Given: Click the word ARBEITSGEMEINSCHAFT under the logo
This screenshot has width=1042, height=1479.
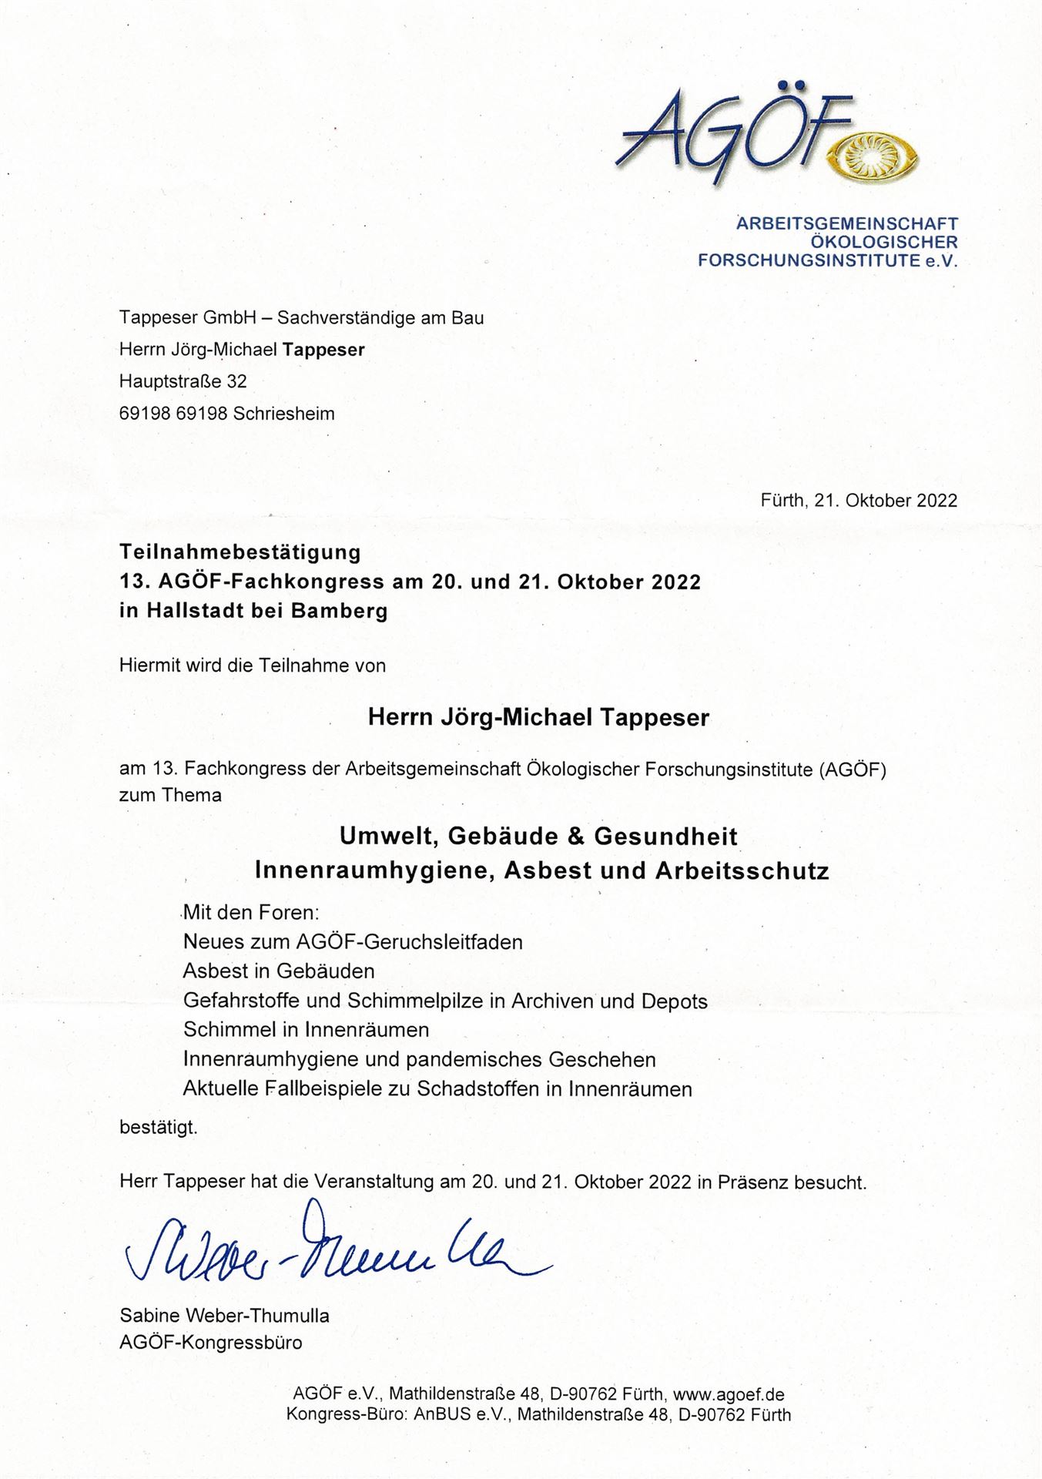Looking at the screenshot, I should pyautogui.click(x=847, y=224).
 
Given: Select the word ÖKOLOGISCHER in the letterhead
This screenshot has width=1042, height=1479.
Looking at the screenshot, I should pyautogui.click(x=883, y=242).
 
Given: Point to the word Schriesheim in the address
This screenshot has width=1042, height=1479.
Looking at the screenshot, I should pyautogui.click(x=283, y=414).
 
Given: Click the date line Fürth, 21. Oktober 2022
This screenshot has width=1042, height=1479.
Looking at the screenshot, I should pyautogui.click(x=859, y=501).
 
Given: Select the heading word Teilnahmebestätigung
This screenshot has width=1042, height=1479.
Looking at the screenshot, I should pyautogui.click(x=240, y=552).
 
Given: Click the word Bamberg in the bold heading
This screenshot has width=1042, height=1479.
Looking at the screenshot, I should pyautogui.click(x=340, y=612).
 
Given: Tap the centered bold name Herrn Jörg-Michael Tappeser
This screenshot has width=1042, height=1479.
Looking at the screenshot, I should pyautogui.click(x=538, y=718).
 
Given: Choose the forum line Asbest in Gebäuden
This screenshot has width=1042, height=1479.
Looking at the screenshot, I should pyautogui.click(x=279, y=971).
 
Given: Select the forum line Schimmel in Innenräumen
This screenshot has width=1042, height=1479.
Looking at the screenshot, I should pyautogui.click(x=306, y=1030).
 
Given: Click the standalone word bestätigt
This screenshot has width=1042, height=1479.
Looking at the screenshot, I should pyautogui.click(x=158, y=1128).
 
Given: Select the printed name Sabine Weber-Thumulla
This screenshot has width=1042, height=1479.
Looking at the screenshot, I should pyautogui.click(x=224, y=1316).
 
